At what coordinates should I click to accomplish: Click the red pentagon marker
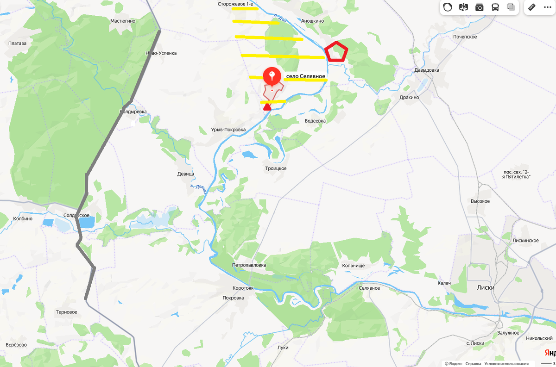tap(336, 52)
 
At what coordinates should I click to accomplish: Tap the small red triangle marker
tap(267, 107)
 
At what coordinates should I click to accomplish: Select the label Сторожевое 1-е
tap(235, 4)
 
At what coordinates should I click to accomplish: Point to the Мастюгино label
tap(123, 21)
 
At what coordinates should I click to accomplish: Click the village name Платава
tap(18, 44)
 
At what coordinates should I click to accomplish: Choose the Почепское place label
tap(465, 37)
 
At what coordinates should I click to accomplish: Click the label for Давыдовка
tap(426, 70)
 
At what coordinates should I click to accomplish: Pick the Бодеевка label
tap(316, 121)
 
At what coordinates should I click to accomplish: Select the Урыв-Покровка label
tap(228, 130)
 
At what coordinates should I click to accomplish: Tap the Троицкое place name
tap(276, 168)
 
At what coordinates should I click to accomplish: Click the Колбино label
tap(23, 218)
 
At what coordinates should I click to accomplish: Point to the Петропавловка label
tap(249, 265)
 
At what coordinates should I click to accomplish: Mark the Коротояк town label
tap(243, 288)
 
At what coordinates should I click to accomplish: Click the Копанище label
tap(354, 266)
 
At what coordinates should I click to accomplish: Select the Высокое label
tap(480, 201)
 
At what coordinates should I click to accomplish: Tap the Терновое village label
tap(66, 312)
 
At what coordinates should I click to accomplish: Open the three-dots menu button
tap(547, 7)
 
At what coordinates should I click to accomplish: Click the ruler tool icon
tap(531, 7)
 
